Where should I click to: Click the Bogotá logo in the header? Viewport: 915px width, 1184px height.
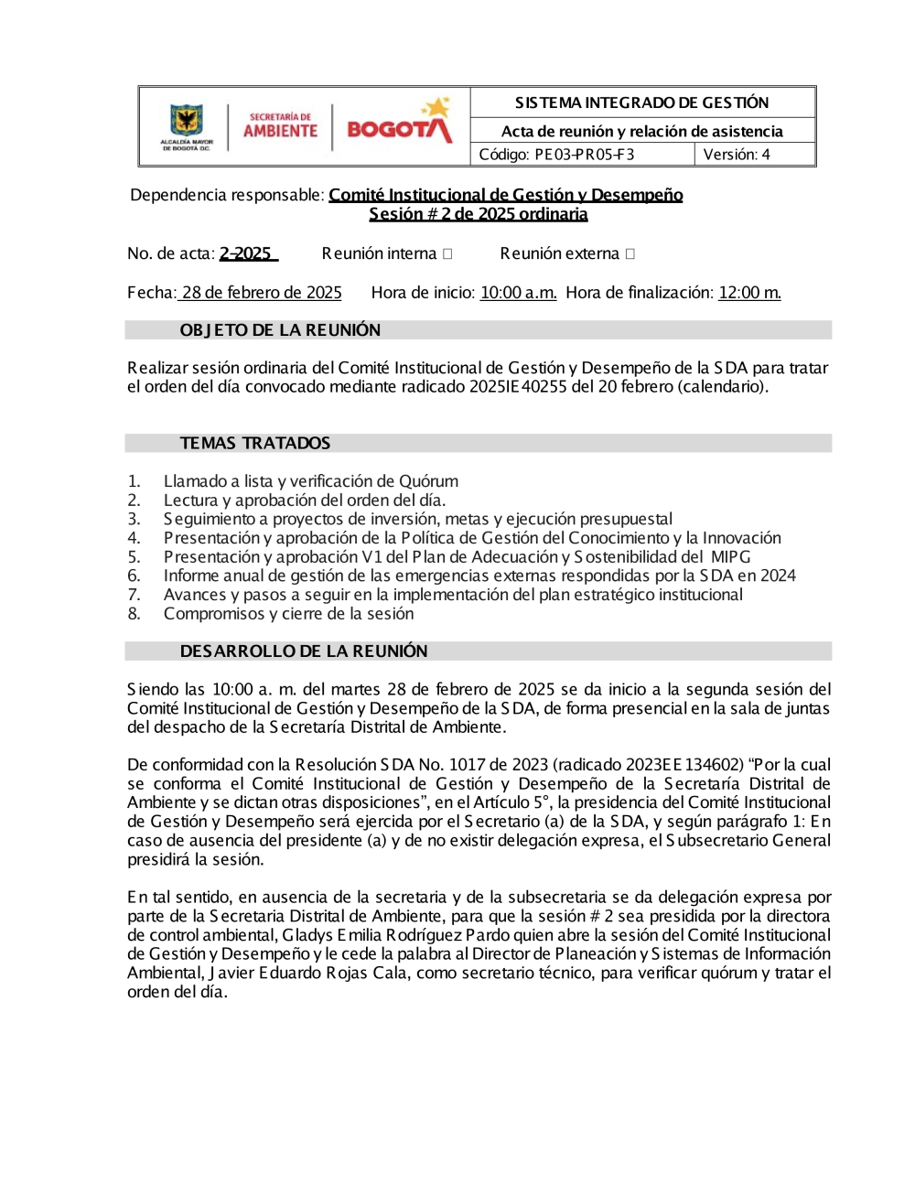coord(399,126)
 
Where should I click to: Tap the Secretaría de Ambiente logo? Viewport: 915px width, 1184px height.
coord(280,126)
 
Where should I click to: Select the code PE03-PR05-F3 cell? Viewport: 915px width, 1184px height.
coord(582,155)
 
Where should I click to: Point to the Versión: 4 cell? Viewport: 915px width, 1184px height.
coord(754,155)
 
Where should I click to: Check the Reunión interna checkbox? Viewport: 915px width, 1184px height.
coord(447,253)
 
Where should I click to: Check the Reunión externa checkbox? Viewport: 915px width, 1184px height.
coord(630,253)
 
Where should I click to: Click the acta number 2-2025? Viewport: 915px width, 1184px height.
coord(246,253)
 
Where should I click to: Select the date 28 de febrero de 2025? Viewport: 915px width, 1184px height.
coord(261,293)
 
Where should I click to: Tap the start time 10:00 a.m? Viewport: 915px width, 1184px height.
coord(518,293)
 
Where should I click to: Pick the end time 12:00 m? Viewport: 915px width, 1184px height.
coord(749,293)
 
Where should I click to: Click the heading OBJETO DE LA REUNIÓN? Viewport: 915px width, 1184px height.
coord(280,330)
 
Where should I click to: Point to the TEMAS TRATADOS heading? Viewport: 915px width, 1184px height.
coord(255,444)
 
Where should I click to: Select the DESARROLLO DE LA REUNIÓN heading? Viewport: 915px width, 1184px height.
coord(304,651)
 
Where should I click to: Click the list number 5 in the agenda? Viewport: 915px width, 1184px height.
coord(135,557)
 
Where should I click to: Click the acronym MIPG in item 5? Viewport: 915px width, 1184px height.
coord(730,557)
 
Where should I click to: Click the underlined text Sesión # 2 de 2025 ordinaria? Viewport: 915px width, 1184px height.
coord(479,214)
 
